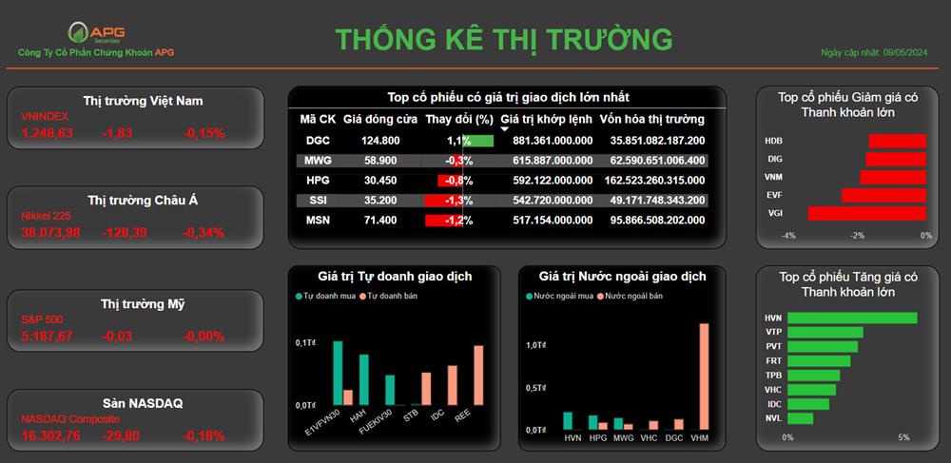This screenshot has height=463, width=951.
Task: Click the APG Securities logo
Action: tap(96, 32)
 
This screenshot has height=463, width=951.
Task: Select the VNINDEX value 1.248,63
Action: tap(48, 133)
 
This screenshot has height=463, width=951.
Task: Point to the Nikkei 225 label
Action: tap(45, 215)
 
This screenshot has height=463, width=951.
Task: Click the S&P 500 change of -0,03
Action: tap(118, 337)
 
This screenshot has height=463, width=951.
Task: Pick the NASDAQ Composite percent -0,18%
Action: tap(204, 435)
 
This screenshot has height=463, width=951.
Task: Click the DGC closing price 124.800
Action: tap(380, 142)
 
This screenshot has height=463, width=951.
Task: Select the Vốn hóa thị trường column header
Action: tap(652, 119)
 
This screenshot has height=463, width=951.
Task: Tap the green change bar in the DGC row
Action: tap(478, 142)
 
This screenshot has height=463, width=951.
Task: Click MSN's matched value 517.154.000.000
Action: tap(553, 221)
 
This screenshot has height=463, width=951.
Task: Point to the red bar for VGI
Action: tap(866, 213)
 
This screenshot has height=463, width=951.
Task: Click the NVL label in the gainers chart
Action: tap(773, 418)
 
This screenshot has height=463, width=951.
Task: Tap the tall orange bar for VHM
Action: tap(704, 376)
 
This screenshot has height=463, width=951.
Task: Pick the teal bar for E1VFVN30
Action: tap(338, 373)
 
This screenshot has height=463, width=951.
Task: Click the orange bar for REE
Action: tap(478, 376)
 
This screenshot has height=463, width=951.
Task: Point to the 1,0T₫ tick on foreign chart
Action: tap(536, 345)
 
